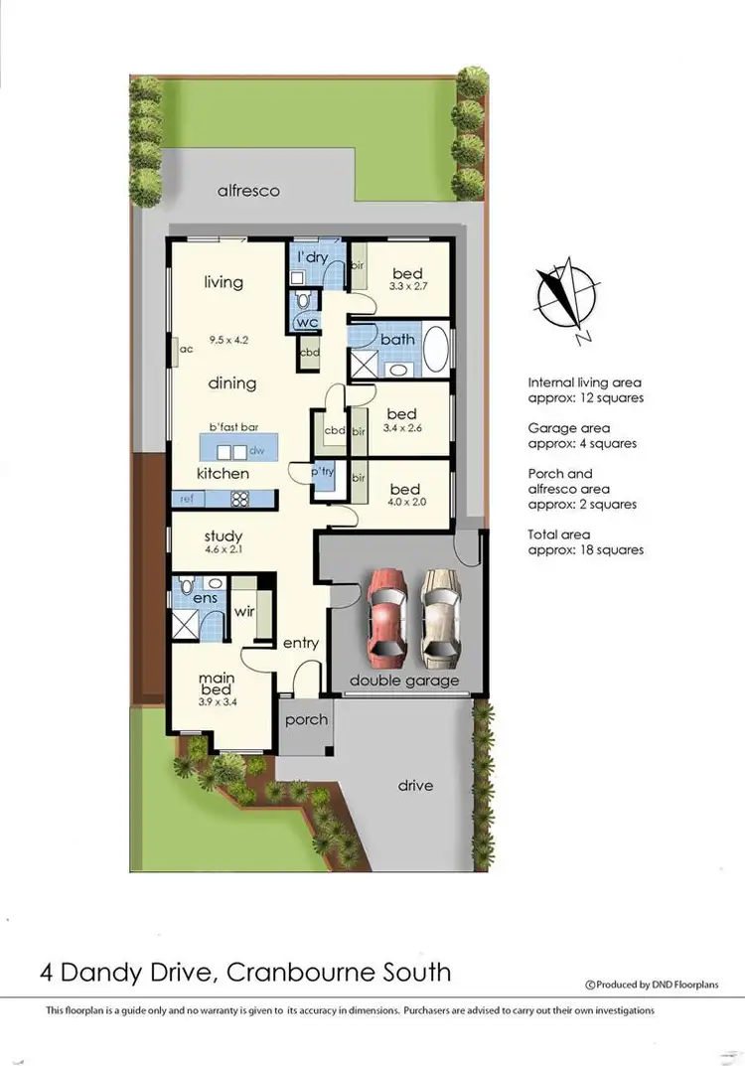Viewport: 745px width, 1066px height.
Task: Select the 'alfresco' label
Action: pyautogui.click(x=248, y=190)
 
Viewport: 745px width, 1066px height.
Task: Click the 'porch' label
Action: pyautogui.click(x=306, y=719)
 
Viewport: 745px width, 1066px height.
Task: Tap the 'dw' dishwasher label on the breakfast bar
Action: pyautogui.click(x=256, y=450)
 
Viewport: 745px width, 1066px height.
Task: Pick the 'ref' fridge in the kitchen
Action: pyautogui.click(x=186, y=499)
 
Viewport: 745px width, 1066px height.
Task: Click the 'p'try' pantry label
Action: pyautogui.click(x=323, y=472)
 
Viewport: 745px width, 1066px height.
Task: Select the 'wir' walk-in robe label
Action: pyautogui.click(x=244, y=610)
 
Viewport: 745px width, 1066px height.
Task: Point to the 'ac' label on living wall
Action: pyautogui.click(x=186, y=349)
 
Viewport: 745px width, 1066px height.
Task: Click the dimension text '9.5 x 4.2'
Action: pyautogui.click(x=227, y=340)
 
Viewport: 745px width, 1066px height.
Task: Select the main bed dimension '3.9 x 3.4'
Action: pyautogui.click(x=218, y=702)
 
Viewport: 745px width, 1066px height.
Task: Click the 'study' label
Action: pyautogui.click(x=223, y=536)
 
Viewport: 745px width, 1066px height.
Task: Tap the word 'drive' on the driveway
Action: pyautogui.click(x=415, y=785)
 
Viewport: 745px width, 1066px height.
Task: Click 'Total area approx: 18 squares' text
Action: pyautogui.click(x=585, y=541)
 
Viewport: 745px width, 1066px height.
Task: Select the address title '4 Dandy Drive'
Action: pyautogui.click(x=129, y=971)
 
